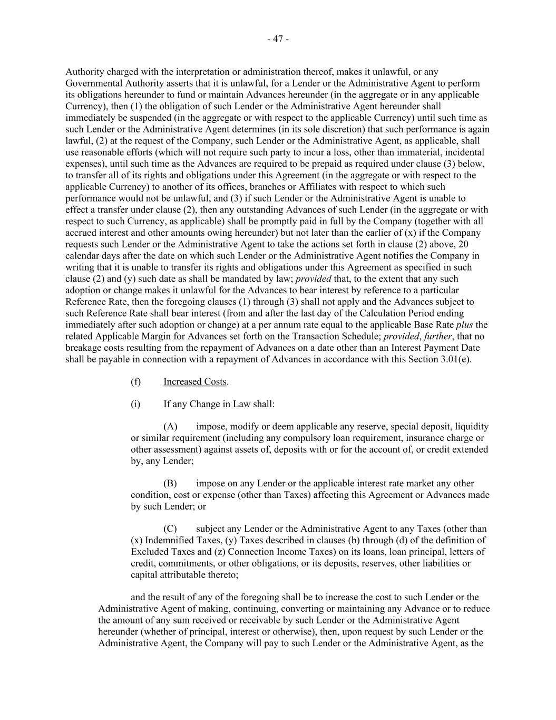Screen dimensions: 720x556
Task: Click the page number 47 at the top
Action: click(278, 39)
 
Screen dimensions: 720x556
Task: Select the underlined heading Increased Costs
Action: click(195, 381)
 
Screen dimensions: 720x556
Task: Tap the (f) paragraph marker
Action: click(135, 381)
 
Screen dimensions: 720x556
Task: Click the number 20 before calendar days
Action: click(463, 244)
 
